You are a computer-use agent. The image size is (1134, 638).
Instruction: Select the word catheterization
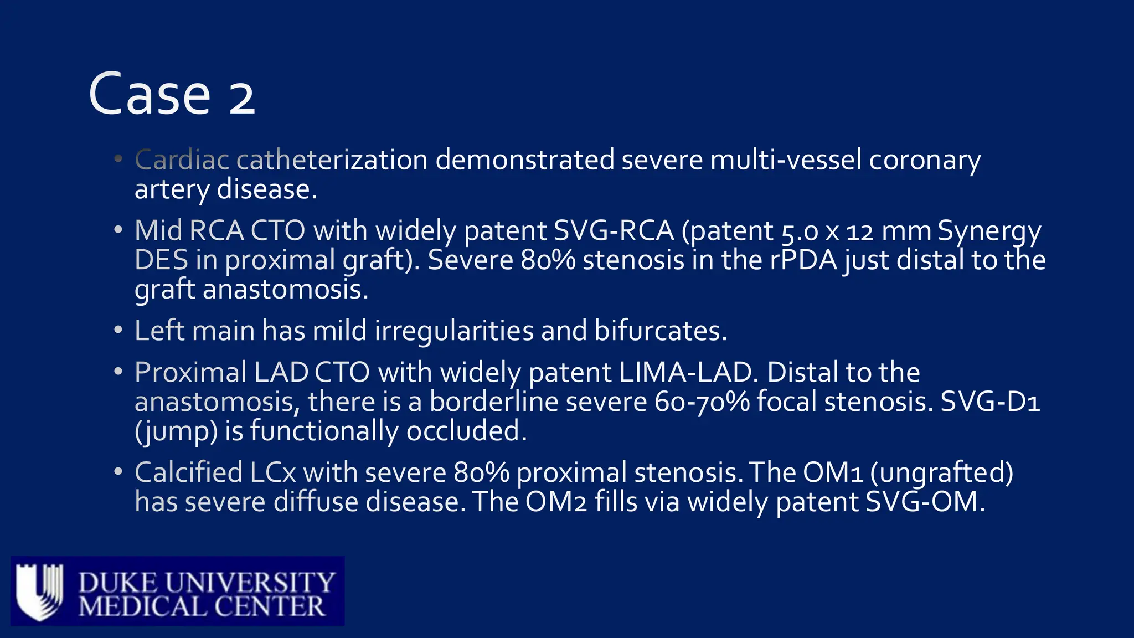[x=332, y=160]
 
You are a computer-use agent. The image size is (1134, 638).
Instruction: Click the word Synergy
[x=989, y=231]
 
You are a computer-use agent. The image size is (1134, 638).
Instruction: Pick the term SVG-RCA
[x=614, y=231]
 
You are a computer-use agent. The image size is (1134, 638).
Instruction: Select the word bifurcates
[x=660, y=331]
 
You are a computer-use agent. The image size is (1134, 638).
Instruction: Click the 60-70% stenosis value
[x=702, y=402]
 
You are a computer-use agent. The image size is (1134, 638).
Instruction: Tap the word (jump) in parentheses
[x=176, y=431]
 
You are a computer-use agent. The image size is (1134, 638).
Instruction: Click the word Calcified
[x=189, y=473]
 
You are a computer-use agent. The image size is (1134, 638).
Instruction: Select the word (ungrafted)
[x=941, y=473]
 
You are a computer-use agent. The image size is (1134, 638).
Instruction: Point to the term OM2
[x=555, y=502]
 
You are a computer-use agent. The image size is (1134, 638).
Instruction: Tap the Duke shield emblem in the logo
[x=39, y=591]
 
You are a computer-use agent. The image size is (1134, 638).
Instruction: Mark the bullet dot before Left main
[x=117, y=330]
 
